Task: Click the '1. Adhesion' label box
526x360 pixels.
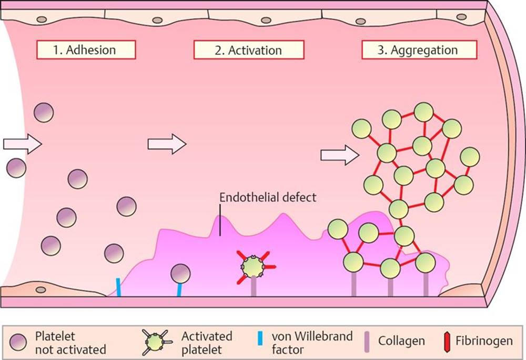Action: tap(86, 50)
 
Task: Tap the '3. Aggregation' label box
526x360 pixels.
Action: tap(419, 50)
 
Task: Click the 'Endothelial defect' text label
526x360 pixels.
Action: tap(268, 198)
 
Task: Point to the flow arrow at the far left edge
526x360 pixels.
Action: tap(22, 143)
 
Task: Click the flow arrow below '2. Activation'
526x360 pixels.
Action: tap(167, 143)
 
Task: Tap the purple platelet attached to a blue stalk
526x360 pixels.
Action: tap(180, 273)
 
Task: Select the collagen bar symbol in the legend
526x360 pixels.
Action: tap(368, 341)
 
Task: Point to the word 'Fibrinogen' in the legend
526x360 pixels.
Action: tap(484, 341)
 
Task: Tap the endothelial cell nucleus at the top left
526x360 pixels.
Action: tap(40, 19)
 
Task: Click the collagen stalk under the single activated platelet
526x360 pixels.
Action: tap(254, 286)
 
